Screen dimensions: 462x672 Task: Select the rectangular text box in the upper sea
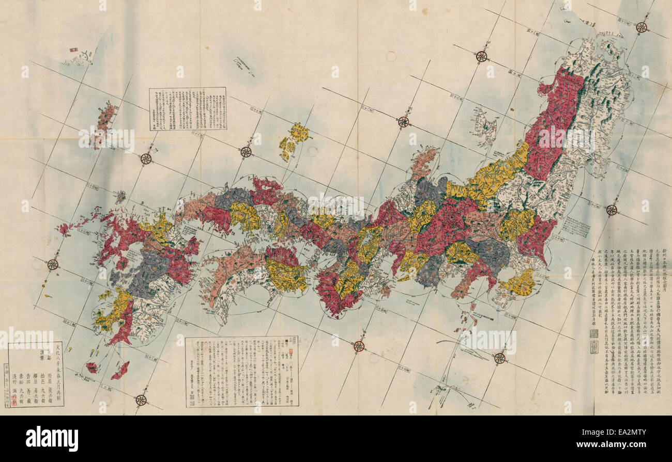coord(188,108)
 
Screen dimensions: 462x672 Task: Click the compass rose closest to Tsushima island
coord(146,159)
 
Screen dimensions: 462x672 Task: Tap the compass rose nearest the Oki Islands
coord(246,152)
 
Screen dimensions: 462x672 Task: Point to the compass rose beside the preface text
coord(612,210)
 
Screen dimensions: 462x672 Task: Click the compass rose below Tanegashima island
coord(141,400)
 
